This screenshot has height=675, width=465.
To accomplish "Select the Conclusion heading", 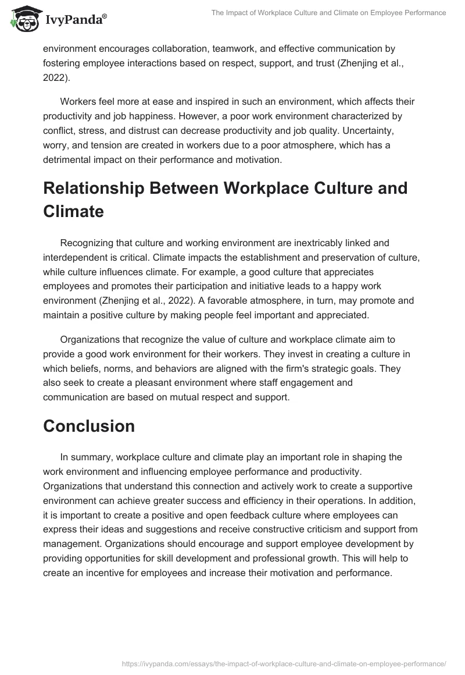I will [x=89, y=425].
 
